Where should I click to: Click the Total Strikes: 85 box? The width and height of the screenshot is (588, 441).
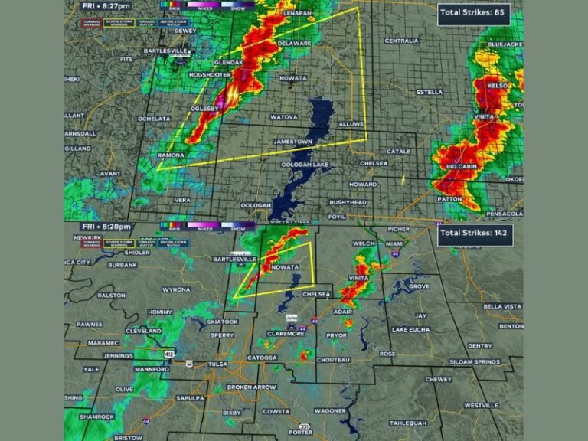coord(474,12)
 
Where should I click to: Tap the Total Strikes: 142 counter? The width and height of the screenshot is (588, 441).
coord(475,234)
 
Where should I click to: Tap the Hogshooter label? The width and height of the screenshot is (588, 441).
coord(209,74)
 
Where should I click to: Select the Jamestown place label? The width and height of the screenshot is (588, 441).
coord(293,142)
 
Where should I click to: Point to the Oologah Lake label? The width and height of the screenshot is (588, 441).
coord(305,165)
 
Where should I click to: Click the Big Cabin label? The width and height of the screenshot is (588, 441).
coord(462,166)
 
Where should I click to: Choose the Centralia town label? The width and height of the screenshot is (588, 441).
coord(401,41)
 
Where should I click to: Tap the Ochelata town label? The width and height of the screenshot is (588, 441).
coord(153,119)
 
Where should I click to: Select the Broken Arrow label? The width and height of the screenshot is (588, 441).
coord(252,387)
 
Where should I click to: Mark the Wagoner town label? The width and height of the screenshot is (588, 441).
coord(330,411)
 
